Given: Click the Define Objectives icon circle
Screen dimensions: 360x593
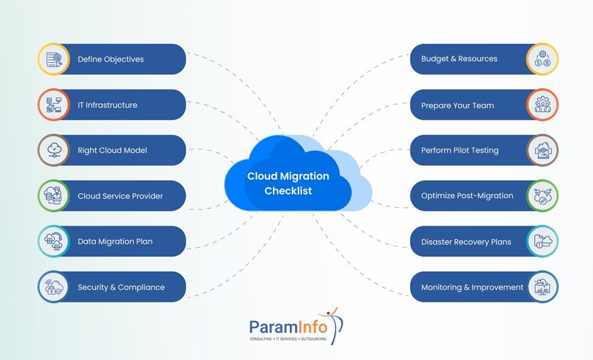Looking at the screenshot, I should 54,59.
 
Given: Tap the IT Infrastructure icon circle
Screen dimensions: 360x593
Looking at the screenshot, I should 54,105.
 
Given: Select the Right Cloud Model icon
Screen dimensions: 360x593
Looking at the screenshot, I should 54,150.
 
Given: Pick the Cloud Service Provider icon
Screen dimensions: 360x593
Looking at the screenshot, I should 54,196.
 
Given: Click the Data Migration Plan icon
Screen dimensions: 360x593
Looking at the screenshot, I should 54,241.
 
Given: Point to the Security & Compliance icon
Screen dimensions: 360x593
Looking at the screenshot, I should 54,287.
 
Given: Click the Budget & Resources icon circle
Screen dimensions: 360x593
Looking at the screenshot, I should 542,59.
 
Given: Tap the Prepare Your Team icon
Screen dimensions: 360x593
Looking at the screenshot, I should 542,105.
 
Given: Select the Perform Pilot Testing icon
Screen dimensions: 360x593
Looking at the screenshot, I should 542,150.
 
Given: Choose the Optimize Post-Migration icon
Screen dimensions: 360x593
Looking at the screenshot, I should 542,196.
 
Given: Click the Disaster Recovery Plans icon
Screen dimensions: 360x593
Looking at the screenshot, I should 542,241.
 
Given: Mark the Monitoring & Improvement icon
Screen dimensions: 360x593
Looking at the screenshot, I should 542,287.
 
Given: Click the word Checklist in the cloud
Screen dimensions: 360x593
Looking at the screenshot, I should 288,191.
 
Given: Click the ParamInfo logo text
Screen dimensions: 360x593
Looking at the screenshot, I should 288,327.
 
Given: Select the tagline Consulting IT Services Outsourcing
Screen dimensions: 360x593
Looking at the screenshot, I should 288,339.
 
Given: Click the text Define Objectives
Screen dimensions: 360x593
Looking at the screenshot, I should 111,59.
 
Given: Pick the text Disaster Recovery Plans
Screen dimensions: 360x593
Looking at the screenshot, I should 466,242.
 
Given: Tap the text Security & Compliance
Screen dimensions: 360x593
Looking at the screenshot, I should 121,287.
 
